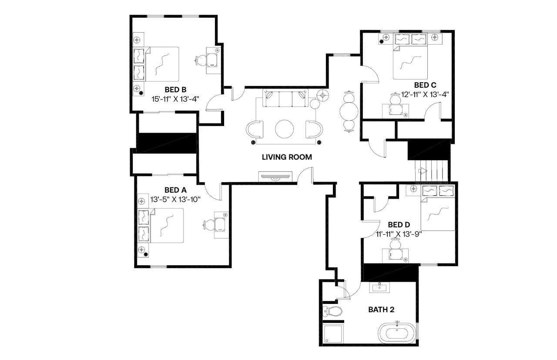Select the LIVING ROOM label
point(287,157)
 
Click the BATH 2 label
point(381,310)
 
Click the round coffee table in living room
point(285,129)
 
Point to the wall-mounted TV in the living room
point(275,177)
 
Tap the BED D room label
point(399,225)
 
